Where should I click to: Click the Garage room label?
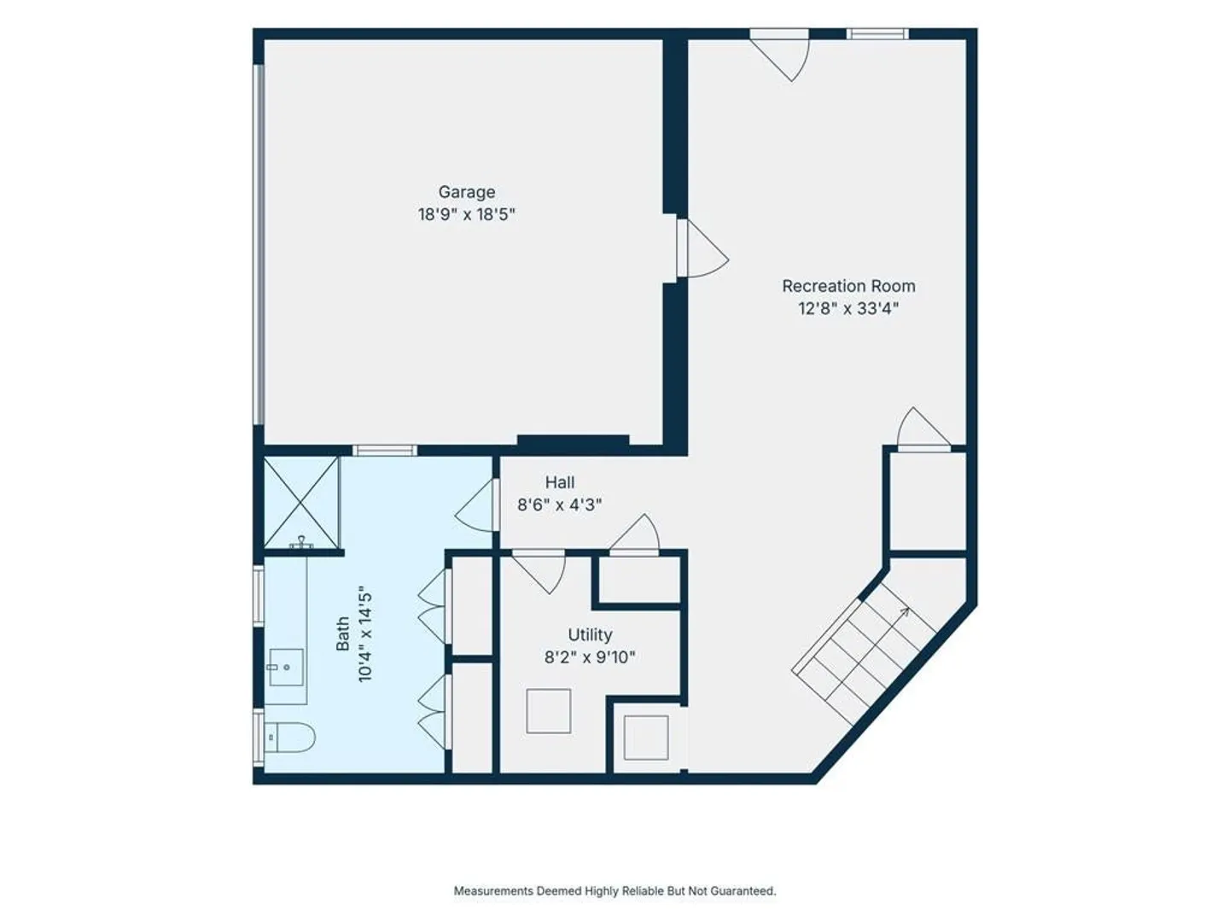(x=466, y=193)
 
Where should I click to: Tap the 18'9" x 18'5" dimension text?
(x=466, y=214)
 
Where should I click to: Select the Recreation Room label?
(x=848, y=286)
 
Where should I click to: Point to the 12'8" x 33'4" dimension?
(x=848, y=308)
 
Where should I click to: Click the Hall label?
(x=560, y=482)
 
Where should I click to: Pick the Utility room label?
(x=590, y=635)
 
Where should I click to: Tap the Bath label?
(x=342, y=633)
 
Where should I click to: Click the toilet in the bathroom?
(x=289, y=738)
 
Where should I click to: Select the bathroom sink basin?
(x=286, y=667)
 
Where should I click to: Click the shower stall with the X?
(x=301, y=502)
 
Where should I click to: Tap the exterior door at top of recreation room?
(x=779, y=55)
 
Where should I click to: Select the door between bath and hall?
(x=476, y=505)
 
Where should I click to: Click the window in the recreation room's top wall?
(x=877, y=34)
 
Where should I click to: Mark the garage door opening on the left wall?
(x=259, y=245)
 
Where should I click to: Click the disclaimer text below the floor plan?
(x=614, y=890)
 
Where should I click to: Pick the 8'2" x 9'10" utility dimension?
(x=590, y=657)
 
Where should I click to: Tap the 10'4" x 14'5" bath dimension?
(x=365, y=633)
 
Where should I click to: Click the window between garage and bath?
(x=385, y=450)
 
